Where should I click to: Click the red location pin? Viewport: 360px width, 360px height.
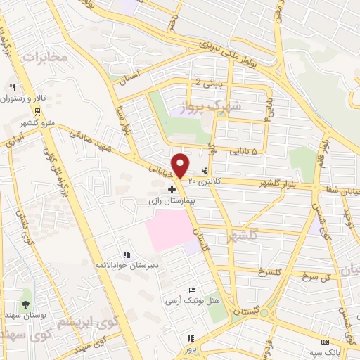(181, 165)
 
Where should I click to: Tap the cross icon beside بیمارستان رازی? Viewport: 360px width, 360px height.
(172, 189)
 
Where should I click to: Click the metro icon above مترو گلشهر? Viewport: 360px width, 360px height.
(36, 112)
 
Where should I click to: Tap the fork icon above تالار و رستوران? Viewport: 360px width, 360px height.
(12, 87)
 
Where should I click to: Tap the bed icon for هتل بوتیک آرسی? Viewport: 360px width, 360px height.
(193, 290)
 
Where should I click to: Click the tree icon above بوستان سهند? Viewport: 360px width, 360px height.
(26, 304)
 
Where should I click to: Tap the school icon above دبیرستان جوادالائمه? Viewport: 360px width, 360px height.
(126, 255)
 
